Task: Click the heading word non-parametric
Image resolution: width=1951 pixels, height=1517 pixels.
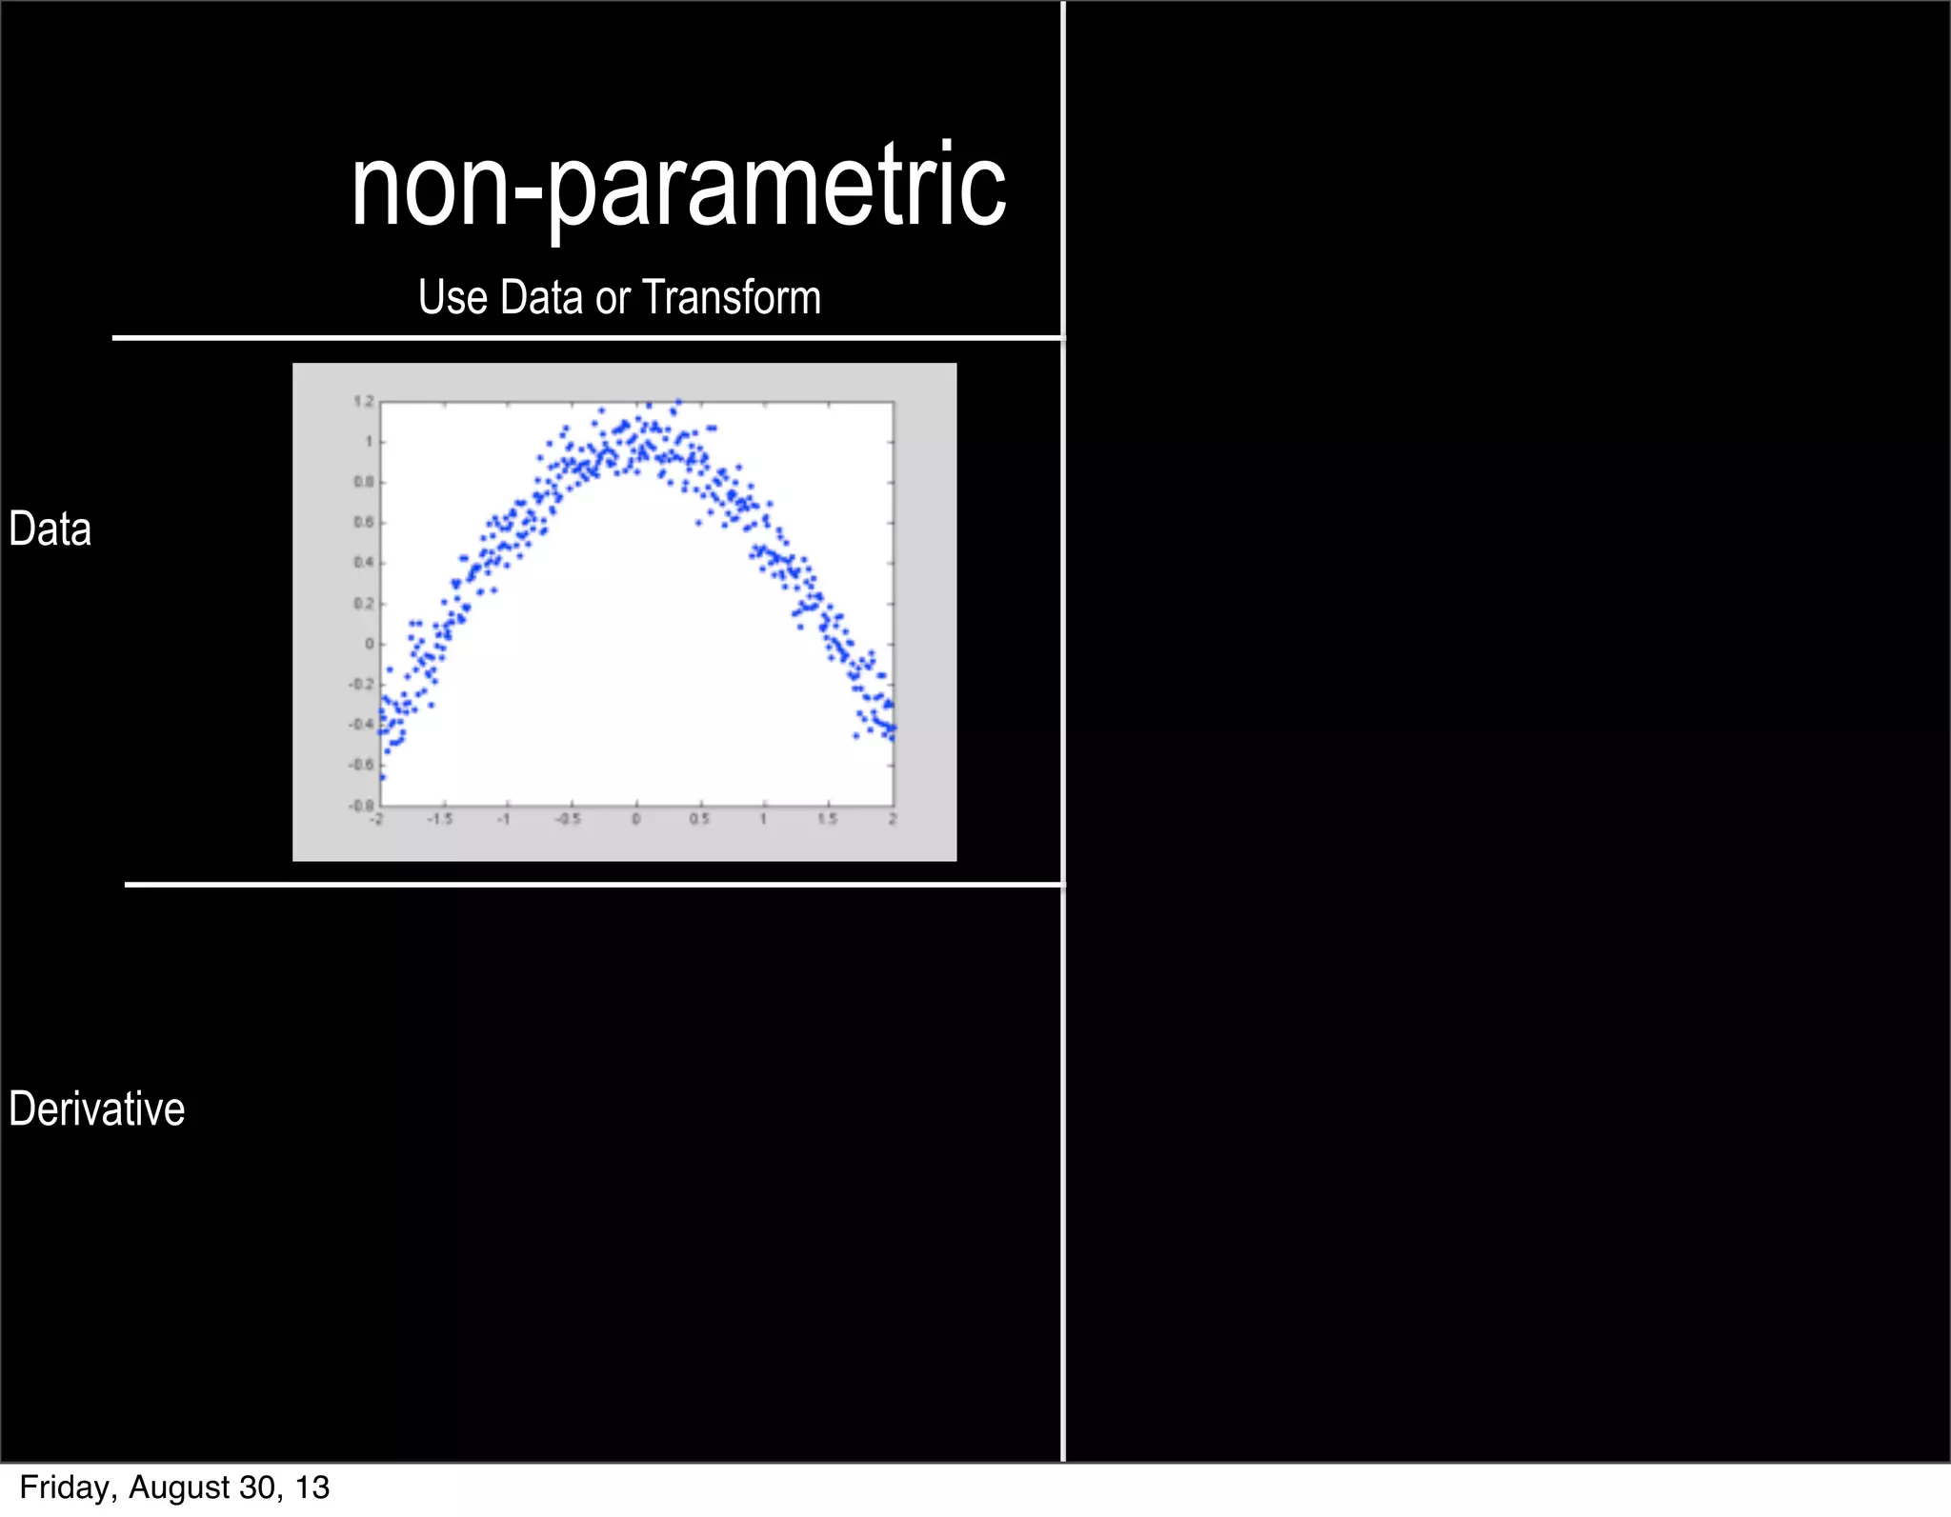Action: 678,188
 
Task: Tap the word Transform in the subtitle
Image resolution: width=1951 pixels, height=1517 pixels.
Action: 731,297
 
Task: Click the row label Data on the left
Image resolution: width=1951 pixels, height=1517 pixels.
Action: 50,529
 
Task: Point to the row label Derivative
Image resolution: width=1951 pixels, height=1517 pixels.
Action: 96,1109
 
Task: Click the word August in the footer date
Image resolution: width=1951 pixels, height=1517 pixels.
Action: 177,1487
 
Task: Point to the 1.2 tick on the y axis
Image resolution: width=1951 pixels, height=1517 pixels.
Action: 364,402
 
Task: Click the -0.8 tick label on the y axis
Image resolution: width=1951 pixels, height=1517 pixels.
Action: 362,806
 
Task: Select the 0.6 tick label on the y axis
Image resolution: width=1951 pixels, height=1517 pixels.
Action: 364,523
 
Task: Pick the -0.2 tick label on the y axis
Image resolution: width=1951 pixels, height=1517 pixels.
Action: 362,685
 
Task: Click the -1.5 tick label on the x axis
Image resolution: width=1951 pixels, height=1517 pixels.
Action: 440,820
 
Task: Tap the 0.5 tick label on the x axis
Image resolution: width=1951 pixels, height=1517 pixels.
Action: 699,820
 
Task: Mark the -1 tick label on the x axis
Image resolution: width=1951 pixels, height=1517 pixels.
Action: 505,820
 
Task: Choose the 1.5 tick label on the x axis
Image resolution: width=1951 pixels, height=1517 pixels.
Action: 828,820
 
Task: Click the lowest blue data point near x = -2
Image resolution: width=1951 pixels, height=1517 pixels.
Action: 382,777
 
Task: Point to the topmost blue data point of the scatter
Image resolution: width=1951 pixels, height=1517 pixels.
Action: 678,402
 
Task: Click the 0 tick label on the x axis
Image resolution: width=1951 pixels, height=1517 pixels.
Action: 636,820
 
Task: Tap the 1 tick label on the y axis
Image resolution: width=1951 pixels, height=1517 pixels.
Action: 369,442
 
